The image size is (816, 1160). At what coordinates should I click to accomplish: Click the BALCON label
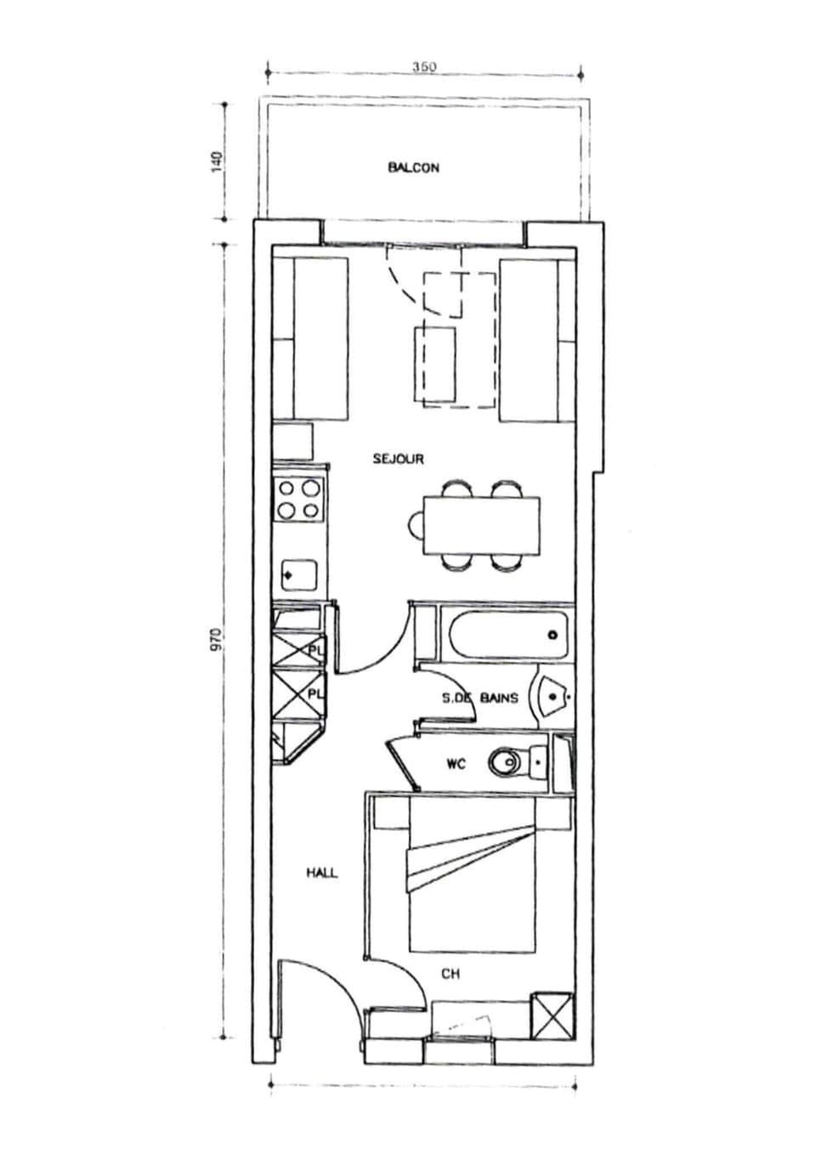pyautogui.click(x=413, y=168)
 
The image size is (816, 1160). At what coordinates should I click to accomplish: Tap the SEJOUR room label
pyautogui.click(x=398, y=459)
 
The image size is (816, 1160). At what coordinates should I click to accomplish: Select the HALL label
pyautogui.click(x=321, y=873)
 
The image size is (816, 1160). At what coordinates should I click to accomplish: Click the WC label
pyautogui.click(x=456, y=764)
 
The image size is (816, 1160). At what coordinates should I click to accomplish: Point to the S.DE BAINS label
pyautogui.click(x=479, y=699)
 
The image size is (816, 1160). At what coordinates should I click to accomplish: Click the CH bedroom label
pyautogui.click(x=450, y=974)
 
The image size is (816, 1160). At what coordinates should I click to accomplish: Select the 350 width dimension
pyautogui.click(x=423, y=67)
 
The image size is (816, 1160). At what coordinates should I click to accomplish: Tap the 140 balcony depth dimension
pyautogui.click(x=218, y=161)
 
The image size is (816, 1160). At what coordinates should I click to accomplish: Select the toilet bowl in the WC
pyautogui.click(x=507, y=762)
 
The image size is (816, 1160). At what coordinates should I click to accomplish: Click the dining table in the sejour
pyautogui.click(x=482, y=525)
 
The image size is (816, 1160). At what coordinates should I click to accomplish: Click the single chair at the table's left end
pyautogui.click(x=416, y=526)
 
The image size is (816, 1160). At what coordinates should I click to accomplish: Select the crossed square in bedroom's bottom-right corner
pyautogui.click(x=550, y=1015)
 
